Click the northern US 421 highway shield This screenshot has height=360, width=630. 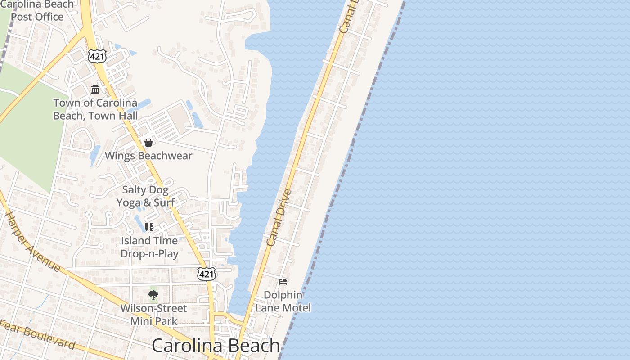(x=97, y=56)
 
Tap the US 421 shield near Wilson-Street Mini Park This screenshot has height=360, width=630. (x=206, y=273)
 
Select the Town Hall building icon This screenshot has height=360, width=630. (x=95, y=89)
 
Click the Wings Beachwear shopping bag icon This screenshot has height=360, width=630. (x=148, y=143)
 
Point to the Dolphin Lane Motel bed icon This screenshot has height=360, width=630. (x=283, y=282)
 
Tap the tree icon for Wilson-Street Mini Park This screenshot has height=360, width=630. (x=153, y=295)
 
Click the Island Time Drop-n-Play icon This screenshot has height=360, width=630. (x=149, y=227)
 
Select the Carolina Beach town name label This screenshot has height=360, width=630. (x=216, y=346)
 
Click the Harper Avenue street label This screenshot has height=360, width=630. (x=32, y=241)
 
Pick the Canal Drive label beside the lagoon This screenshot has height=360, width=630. (x=279, y=218)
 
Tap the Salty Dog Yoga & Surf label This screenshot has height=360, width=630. (x=145, y=196)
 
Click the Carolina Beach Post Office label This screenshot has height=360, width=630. (x=37, y=11)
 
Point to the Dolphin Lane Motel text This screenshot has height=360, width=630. (x=283, y=301)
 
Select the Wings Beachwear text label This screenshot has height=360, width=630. (x=148, y=156)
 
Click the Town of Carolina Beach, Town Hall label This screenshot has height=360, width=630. (x=95, y=109)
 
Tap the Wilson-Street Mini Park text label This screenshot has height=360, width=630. (x=153, y=315)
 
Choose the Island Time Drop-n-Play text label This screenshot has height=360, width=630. (x=149, y=247)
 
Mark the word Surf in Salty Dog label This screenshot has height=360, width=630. (x=164, y=202)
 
